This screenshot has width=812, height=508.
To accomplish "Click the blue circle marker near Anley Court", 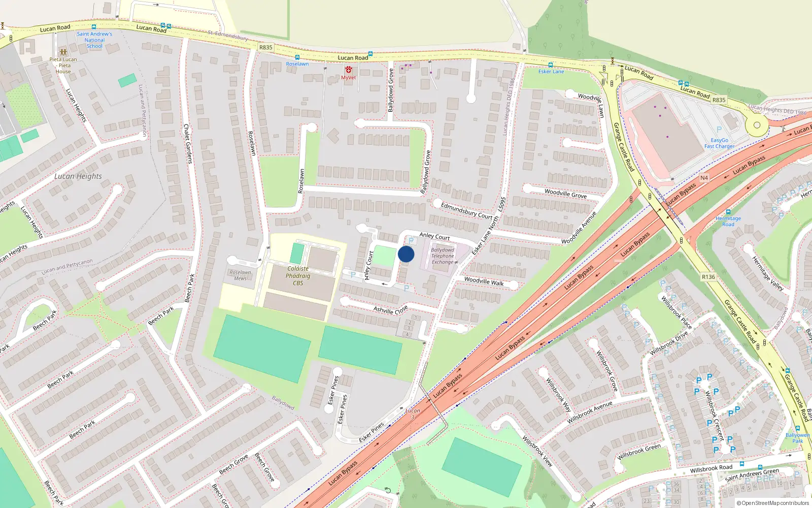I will [406, 254].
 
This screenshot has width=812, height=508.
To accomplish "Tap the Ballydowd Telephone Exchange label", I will [443, 256].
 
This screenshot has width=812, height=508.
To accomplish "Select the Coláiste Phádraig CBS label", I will [298, 276].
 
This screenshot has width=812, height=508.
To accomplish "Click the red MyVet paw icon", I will [349, 70].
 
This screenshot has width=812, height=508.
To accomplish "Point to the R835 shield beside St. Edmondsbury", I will [265, 47].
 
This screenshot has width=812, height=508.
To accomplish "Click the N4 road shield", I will [704, 178].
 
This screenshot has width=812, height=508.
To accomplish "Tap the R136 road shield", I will [708, 277].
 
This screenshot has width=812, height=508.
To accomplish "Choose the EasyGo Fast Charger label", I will [719, 143].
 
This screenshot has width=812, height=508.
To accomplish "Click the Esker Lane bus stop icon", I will [550, 65].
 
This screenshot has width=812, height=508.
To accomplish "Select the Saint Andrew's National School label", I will [94, 40].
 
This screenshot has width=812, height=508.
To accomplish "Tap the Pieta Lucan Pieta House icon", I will [63, 52].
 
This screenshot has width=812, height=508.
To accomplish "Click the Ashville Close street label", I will [390, 310].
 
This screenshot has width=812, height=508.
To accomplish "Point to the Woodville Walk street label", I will [484, 281].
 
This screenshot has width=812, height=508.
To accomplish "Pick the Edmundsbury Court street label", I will [467, 210].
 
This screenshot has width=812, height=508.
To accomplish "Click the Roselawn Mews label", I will [240, 275].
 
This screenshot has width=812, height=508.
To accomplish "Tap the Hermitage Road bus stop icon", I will [728, 212].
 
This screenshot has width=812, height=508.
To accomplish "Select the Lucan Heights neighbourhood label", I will [78, 176].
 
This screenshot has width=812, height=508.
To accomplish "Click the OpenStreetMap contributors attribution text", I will [772, 503].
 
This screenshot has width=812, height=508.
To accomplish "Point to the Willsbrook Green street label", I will [639, 452].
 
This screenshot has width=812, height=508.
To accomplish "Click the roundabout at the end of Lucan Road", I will [757, 125].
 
